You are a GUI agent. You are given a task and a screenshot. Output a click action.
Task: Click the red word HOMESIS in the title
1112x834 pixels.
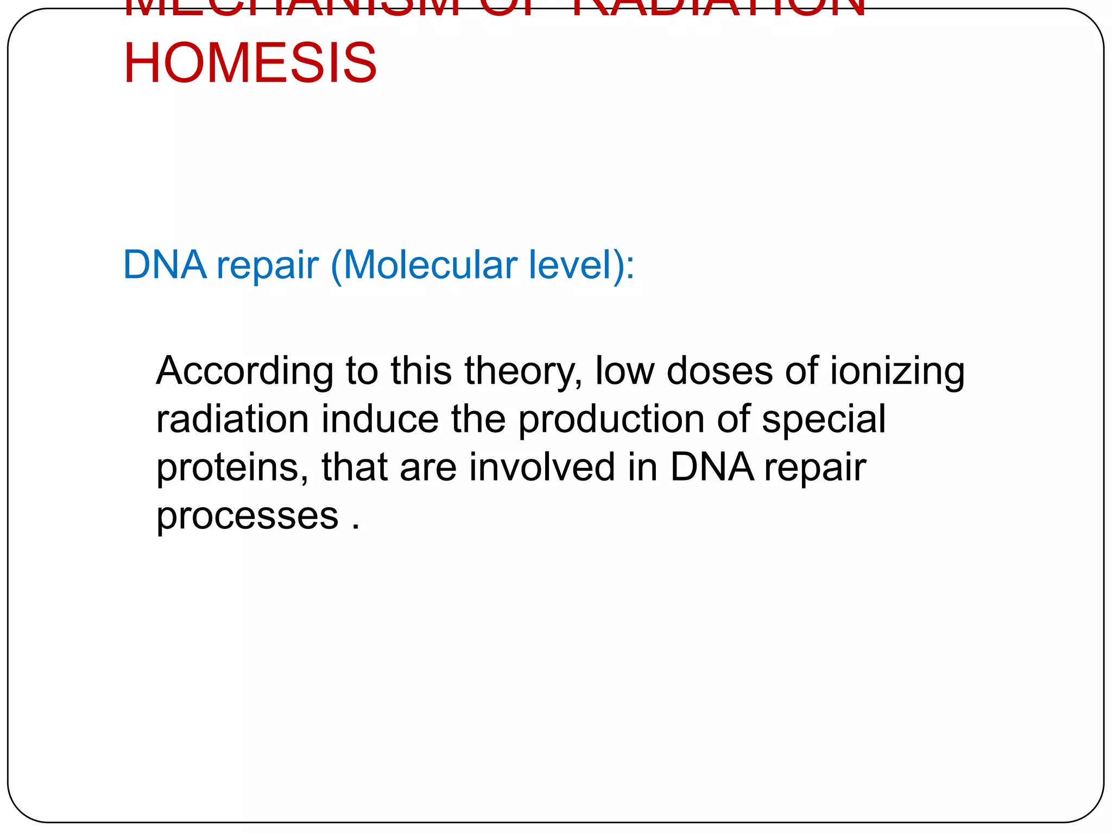250,63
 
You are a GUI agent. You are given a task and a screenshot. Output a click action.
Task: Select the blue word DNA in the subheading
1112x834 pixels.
165,265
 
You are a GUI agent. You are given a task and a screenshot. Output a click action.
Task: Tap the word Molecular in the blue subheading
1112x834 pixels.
431,265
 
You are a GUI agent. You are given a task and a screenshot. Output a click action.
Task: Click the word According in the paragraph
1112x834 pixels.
244,371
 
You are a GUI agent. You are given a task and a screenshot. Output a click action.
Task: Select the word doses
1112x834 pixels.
719,371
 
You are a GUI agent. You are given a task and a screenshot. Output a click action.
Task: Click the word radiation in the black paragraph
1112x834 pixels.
232,419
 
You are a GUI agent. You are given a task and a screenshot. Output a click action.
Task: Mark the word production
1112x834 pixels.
611,419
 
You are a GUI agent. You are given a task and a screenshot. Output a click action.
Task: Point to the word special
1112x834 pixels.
823,419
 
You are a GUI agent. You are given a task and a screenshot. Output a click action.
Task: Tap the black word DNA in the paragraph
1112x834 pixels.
712,467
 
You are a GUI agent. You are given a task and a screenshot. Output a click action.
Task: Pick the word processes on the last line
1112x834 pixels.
247,516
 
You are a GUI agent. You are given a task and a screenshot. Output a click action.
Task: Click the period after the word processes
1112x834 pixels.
356,526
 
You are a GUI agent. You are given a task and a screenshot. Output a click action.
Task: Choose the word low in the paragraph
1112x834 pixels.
624,371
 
